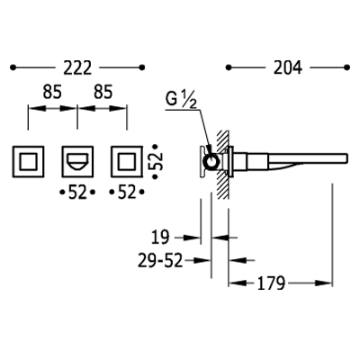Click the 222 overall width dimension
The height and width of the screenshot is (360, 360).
[77, 67]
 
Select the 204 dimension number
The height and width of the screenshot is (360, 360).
[288, 67]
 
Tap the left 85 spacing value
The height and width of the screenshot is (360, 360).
[52, 92]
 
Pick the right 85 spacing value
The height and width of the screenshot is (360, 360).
[103, 92]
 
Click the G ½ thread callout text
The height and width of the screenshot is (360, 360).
[181, 100]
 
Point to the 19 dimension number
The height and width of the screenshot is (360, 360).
[160, 238]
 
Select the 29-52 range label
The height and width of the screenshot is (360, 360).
[160, 260]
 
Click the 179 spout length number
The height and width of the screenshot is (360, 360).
[271, 283]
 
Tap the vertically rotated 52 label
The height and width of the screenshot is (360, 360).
[156, 162]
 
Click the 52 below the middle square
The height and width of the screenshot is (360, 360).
[77, 192]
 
